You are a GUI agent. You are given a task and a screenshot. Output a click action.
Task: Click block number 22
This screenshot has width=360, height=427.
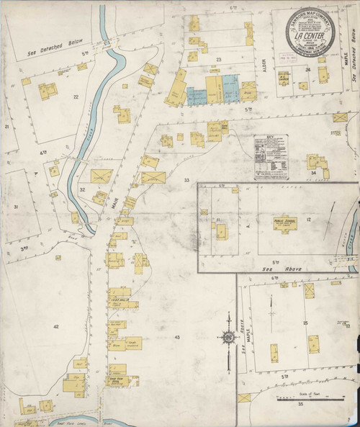pos(76,96)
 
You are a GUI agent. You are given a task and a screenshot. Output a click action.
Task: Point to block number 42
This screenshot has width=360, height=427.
pos(55,326)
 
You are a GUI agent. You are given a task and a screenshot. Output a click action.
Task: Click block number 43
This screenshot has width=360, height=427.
pos(176,337)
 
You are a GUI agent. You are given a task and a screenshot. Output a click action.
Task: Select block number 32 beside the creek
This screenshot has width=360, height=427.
pos(83,189)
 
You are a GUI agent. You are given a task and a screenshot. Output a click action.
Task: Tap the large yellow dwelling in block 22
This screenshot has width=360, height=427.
pos(48,90)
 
